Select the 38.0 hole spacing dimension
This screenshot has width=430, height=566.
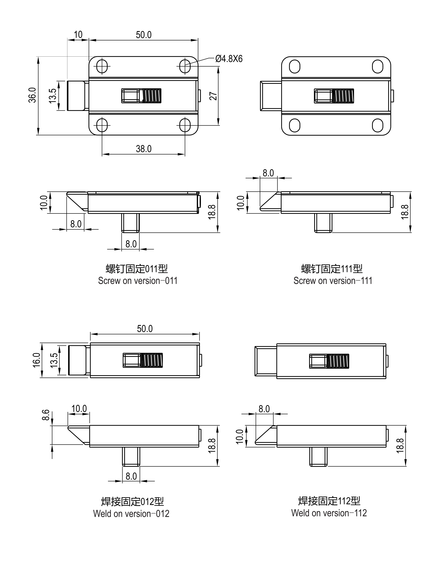tap(144, 149)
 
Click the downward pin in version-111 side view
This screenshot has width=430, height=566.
tap(323, 223)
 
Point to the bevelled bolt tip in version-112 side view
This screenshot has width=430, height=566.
tap(265, 435)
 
